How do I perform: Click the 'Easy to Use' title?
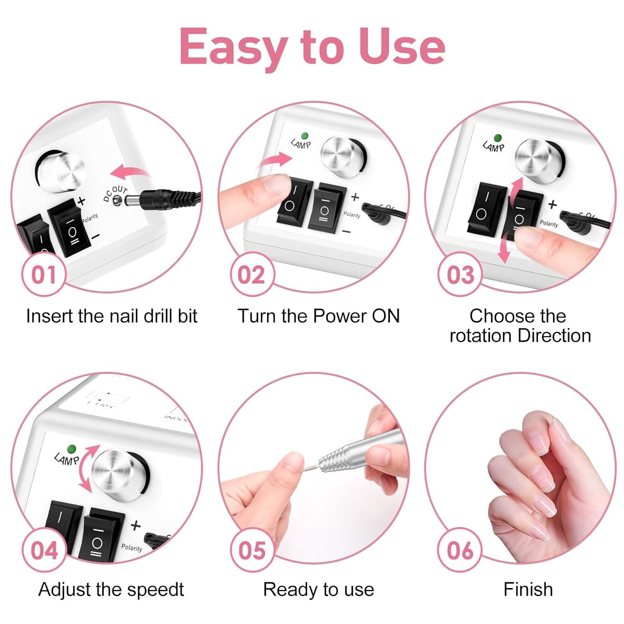[312, 47]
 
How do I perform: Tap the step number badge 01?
[44, 275]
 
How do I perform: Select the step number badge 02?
[251, 275]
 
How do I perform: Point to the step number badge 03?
[460, 275]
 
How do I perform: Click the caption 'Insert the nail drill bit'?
[111, 316]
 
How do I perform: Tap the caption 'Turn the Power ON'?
[318, 316]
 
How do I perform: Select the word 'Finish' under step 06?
[528, 589]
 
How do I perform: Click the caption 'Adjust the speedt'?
[111, 589]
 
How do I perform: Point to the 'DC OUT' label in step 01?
[115, 194]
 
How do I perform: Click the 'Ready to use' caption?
[318, 589]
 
